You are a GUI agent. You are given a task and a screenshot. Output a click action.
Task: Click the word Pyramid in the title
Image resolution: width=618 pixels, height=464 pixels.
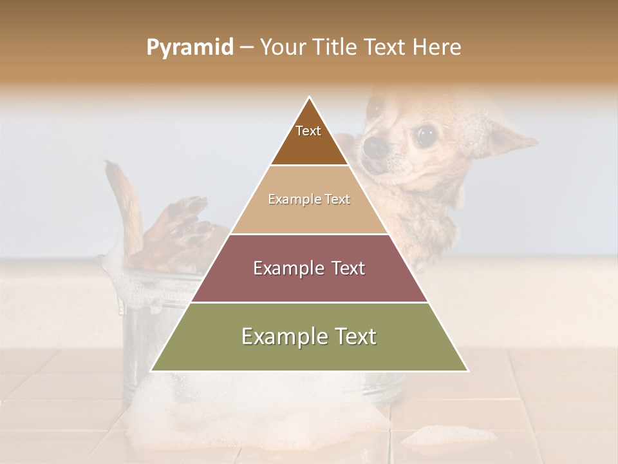tap(189, 48)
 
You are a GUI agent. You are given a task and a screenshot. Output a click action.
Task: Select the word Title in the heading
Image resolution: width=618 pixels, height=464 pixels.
tap(335, 48)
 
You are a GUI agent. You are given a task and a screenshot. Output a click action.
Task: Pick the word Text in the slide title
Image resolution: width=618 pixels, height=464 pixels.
tap(384, 48)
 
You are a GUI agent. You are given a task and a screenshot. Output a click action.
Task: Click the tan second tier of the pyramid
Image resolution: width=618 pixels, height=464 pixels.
tap(309, 213)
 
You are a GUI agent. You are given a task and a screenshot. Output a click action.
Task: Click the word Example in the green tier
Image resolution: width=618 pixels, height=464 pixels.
tap(281, 336)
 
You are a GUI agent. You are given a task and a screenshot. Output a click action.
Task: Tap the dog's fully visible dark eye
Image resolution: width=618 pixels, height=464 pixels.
tap(425, 135)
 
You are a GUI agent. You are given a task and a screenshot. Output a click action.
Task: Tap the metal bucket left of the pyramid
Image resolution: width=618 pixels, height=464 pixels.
tap(154, 322)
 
